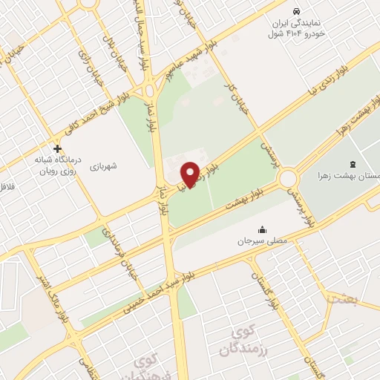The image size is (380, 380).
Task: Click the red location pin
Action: (191, 174)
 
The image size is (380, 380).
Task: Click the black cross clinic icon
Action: (57, 148)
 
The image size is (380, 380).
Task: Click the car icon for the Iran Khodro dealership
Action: (296, 12)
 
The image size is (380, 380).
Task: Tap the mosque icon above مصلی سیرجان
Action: (261, 229)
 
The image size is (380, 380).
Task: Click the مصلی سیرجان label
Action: (255, 242)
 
